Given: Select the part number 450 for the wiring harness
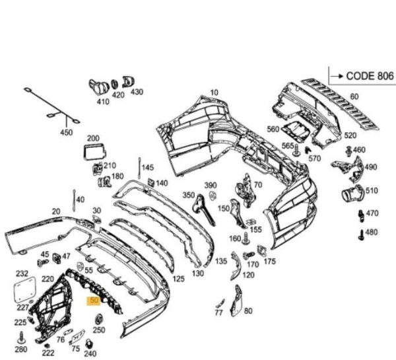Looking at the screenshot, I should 67,133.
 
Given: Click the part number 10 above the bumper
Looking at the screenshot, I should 214,92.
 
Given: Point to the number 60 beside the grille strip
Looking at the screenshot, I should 354,97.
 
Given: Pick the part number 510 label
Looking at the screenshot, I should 372,192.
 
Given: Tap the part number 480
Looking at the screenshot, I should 372,232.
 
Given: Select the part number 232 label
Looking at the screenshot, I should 22,273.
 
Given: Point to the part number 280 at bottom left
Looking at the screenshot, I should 20,349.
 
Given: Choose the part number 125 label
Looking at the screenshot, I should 178,279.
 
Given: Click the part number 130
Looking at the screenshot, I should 197,273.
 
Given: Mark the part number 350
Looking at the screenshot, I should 189,195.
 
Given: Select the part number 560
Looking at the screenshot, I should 273,129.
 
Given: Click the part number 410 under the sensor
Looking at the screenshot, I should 103,102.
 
